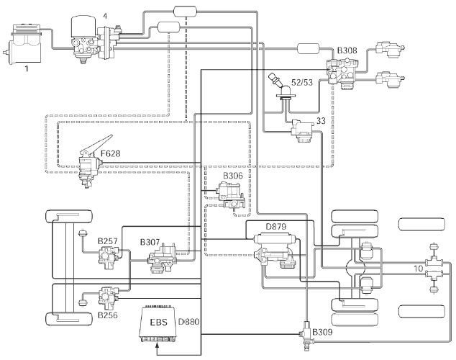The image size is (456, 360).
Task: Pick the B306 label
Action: pyautogui.click(x=233, y=176)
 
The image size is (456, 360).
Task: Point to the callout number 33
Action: pyautogui.click(x=322, y=121)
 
